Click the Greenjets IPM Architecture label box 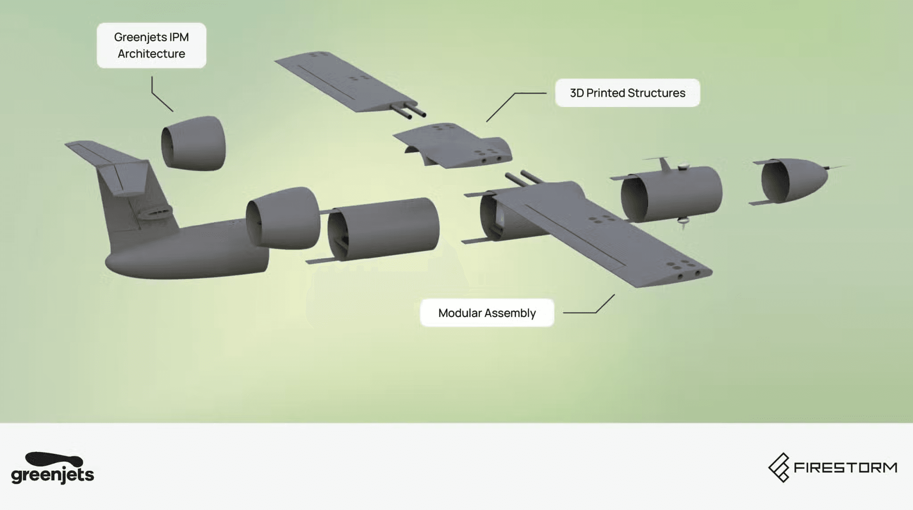click(x=152, y=45)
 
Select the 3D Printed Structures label click(x=627, y=93)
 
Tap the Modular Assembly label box click(x=487, y=313)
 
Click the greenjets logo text click(x=53, y=475)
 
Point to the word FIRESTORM click(x=846, y=468)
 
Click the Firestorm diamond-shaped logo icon click(x=779, y=468)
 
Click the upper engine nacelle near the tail click(x=193, y=143)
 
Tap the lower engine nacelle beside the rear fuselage click(x=283, y=218)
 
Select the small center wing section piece click(x=452, y=145)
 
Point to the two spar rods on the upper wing click(x=409, y=111)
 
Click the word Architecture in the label click(x=152, y=53)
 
